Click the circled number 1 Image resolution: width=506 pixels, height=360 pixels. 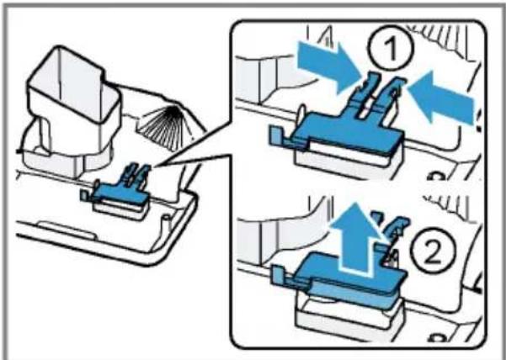[x=391, y=50]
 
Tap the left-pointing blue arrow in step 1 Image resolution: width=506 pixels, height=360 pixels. [x=441, y=98]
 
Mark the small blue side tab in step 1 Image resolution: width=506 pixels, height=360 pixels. [x=275, y=136]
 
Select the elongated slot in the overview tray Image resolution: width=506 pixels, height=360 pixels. [x=67, y=230]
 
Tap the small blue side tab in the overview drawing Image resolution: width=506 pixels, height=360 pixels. [x=83, y=195]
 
